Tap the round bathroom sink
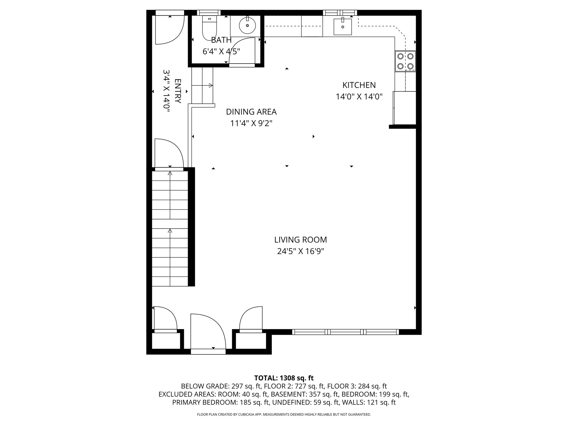point(247,26)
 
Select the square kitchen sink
point(343,27)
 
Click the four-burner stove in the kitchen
point(405,61)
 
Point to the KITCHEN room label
point(359,85)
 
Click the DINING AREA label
point(251,112)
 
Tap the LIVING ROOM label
point(301,240)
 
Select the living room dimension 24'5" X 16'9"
point(301,252)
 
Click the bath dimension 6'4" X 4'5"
point(221,52)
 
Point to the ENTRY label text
point(178,91)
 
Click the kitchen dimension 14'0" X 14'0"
point(359,97)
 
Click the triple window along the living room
point(346,332)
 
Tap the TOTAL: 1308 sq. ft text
point(284,378)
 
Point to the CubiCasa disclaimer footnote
point(284,415)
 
